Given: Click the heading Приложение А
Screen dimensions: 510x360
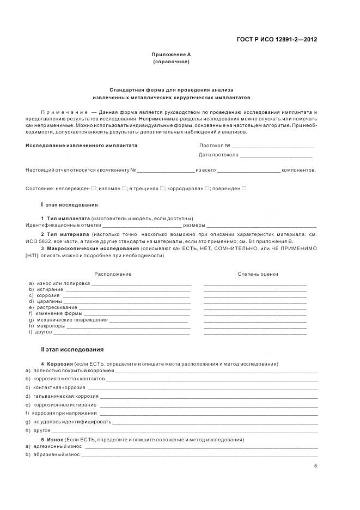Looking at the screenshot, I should point(171,54).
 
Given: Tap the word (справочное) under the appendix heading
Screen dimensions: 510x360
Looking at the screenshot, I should point(171,62).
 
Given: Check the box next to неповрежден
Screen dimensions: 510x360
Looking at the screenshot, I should point(94,189).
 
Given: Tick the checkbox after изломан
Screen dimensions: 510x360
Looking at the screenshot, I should point(124,189).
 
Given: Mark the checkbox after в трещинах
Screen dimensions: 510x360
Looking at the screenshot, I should point(162,189).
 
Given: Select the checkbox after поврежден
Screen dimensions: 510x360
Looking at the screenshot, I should point(244,189).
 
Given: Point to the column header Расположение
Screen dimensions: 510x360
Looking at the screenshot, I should point(113,274).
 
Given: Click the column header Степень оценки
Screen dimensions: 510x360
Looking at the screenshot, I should point(258,274).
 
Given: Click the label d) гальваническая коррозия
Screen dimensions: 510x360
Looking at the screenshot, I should point(62,396).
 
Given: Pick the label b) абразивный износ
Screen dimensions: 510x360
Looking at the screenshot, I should point(52,454).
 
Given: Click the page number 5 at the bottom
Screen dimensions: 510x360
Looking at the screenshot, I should point(315,466).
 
